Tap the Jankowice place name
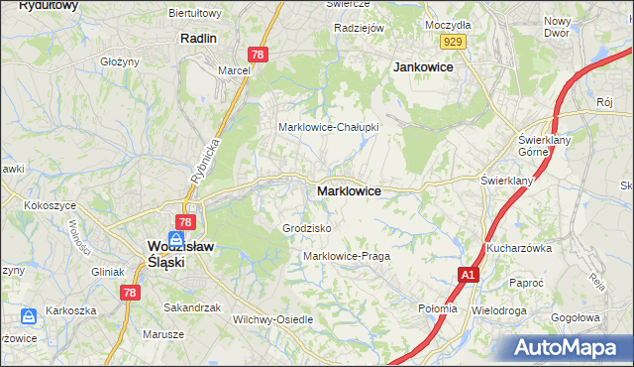[x=423, y=66]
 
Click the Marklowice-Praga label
[x=347, y=256]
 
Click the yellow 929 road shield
[x=454, y=41]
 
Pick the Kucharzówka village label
[x=518, y=248]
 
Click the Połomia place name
[x=437, y=308]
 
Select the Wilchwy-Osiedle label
[x=272, y=319]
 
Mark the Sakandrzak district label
[x=192, y=307]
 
